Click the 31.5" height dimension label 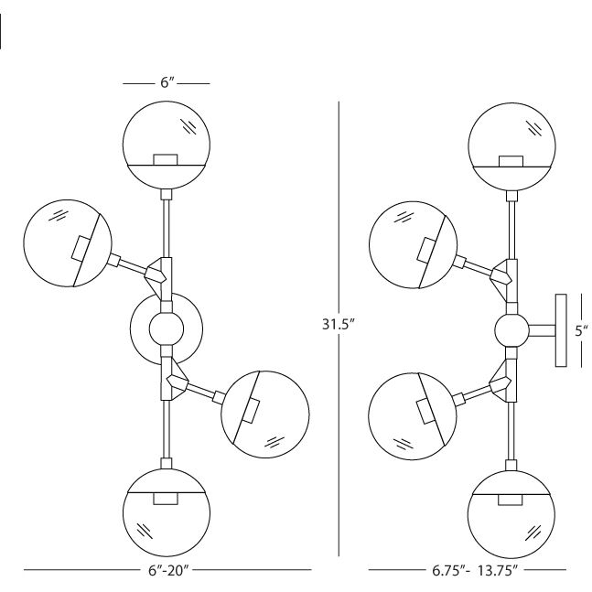pos(339,325)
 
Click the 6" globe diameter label pos(167,83)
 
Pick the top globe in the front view pos(167,145)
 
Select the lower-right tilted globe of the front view pos(266,414)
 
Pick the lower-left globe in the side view pos(411,414)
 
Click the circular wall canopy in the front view pos(167,327)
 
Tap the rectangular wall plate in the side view pos(560,330)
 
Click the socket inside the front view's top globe pos(166,159)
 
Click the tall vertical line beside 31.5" pos(340,229)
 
